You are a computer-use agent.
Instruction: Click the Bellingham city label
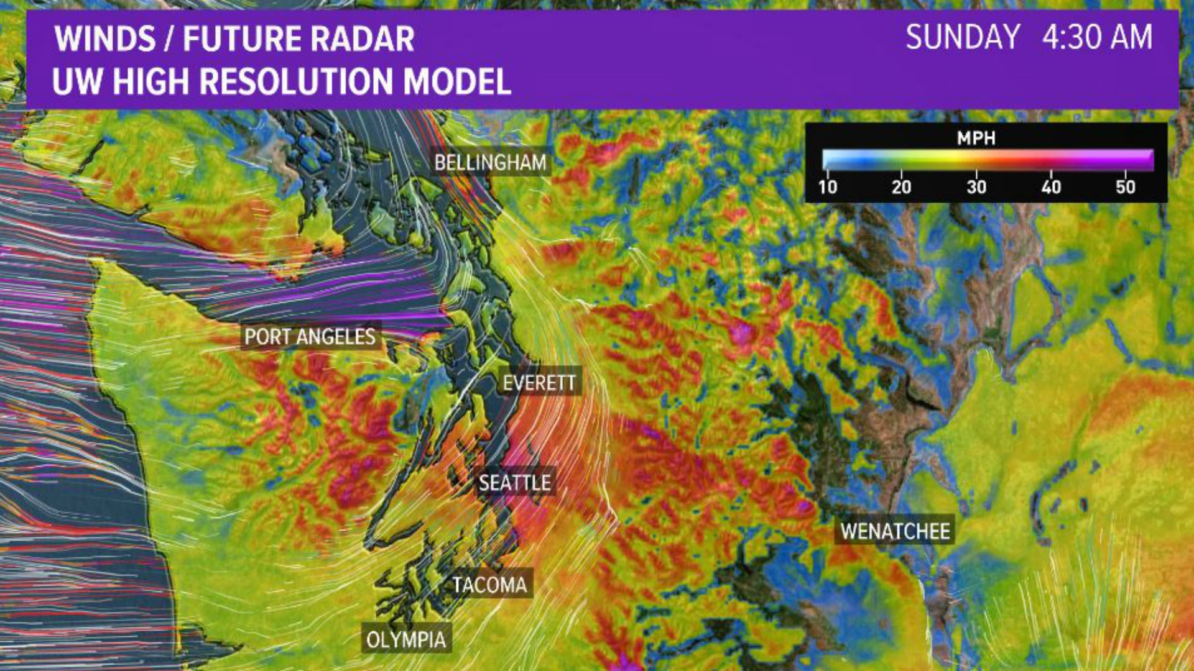pyautogui.click(x=490, y=163)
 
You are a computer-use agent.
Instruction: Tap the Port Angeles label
pyautogui.click(x=310, y=337)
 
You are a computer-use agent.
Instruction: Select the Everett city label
pyautogui.click(x=539, y=383)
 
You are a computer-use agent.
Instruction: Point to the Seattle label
pyautogui.click(x=514, y=483)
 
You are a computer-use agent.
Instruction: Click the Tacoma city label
pyautogui.click(x=489, y=585)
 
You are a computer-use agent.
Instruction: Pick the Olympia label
pyautogui.click(x=406, y=639)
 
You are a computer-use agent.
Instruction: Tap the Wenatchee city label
pyautogui.click(x=895, y=531)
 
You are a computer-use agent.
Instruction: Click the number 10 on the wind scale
pyautogui.click(x=828, y=187)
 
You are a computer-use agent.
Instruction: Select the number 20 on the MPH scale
pyautogui.click(x=901, y=187)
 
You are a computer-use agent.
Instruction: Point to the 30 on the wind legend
pyautogui.click(x=976, y=187)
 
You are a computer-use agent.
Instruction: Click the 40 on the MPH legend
pyautogui.click(x=1051, y=187)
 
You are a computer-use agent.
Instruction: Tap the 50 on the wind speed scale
pyautogui.click(x=1125, y=187)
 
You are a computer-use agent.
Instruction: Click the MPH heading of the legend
pyautogui.click(x=976, y=138)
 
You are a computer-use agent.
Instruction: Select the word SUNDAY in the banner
pyautogui.click(x=962, y=37)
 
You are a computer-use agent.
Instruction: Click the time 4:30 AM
pyautogui.click(x=1097, y=37)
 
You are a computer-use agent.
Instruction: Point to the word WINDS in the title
pyautogui.click(x=104, y=39)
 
